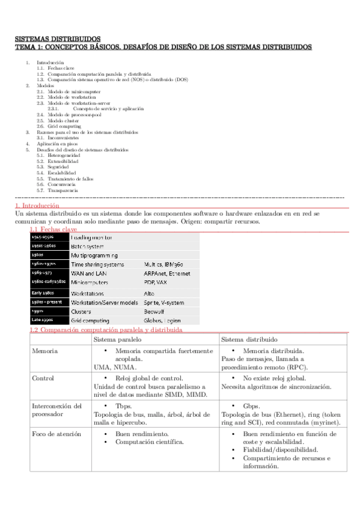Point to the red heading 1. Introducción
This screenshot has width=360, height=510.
coord(37,206)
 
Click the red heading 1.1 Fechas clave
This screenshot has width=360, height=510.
coord(53,229)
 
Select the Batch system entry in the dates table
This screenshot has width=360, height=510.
coord(88,247)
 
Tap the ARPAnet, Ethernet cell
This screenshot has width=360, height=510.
coord(166,273)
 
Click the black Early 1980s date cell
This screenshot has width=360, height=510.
coord(44,292)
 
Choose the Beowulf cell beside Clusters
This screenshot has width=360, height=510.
coord(155,312)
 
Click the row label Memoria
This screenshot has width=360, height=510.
coord(45,351)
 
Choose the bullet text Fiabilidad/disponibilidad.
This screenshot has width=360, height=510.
coord(281,449)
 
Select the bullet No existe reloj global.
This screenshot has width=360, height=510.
coord(274,378)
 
